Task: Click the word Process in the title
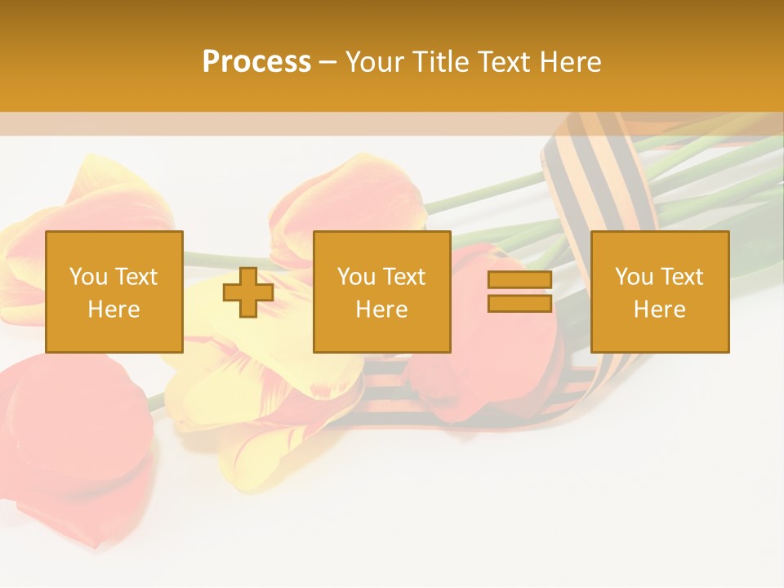[256, 61]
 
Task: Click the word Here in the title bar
[572, 61]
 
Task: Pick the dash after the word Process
[327, 63]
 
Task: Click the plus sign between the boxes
[248, 292]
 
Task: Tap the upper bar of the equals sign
[519, 280]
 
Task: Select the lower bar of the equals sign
[519, 303]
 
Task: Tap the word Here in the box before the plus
[114, 309]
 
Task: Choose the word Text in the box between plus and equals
[405, 277]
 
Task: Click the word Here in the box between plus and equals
[381, 309]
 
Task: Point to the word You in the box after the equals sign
[635, 277]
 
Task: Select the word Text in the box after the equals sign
[683, 277]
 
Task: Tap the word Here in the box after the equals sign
[659, 309]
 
